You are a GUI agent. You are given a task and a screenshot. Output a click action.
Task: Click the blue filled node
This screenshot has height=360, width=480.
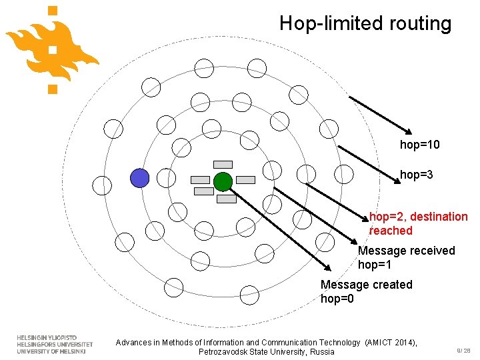139,178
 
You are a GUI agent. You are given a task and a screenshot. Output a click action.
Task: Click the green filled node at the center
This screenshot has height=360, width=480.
223,181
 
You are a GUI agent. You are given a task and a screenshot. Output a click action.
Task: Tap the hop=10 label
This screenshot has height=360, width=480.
419,145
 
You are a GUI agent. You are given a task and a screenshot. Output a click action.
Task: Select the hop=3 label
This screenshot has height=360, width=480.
417,175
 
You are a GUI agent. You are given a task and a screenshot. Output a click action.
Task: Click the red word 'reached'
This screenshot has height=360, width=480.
391,231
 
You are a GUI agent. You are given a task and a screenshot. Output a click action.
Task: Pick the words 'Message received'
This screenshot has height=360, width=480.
406,251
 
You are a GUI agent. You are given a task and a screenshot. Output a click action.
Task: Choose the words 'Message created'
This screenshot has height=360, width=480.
366,285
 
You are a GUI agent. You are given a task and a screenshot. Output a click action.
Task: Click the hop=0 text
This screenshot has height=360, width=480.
337,299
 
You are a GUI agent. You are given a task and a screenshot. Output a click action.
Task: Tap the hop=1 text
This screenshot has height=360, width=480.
375,265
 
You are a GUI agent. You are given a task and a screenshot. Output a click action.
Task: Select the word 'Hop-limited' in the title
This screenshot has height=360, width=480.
325,24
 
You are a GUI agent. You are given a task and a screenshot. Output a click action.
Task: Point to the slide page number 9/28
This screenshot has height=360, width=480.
463,350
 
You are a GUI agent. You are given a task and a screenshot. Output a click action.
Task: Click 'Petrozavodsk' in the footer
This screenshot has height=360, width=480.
225,352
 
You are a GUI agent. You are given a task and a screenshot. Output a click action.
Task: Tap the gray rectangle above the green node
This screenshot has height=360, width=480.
223,164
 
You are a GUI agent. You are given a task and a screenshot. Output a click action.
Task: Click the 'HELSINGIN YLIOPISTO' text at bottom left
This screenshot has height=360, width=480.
47,338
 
